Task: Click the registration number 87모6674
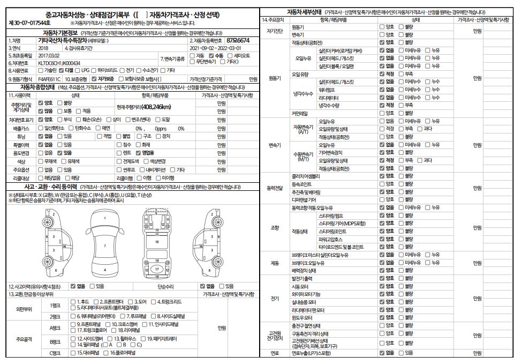tap(238, 40)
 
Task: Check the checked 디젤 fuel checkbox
tap(62, 70)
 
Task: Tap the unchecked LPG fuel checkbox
tap(79, 70)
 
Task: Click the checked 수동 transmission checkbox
tap(211, 55)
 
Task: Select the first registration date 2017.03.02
tap(49, 55)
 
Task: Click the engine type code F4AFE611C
tap(49, 78)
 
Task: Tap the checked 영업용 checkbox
tap(139, 153)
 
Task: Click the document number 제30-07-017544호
tap(30, 23)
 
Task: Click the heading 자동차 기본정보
tap(60, 33)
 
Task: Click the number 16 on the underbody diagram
tap(157, 242)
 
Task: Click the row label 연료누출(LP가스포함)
tap(311, 353)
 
